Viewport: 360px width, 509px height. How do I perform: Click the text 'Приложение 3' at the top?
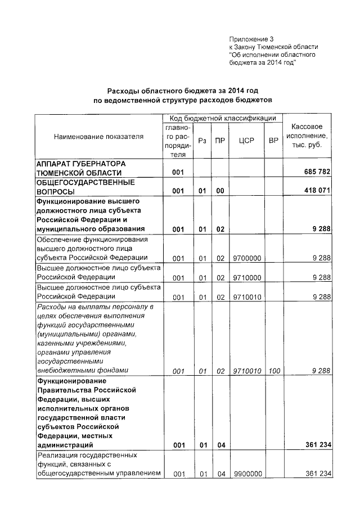tap(250, 39)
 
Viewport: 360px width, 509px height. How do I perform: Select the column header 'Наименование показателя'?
tap(98, 136)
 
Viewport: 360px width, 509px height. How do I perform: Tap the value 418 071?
tap(315, 191)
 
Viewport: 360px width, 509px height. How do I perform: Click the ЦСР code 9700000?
tap(246, 259)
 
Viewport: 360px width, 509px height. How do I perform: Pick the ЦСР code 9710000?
tap(246, 278)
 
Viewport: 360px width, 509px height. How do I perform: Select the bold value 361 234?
tap(315, 445)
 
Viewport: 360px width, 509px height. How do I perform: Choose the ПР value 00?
tap(220, 191)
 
